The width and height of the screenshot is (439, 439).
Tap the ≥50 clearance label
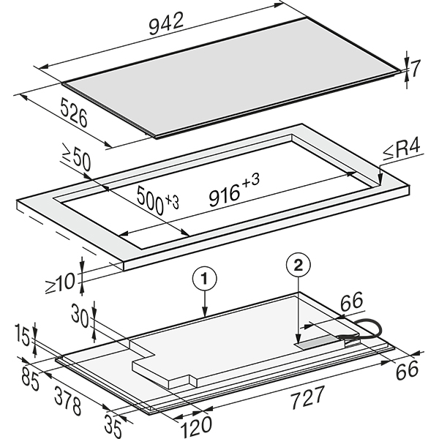click(75, 160)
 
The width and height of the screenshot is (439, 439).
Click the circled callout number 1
click(206, 277)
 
